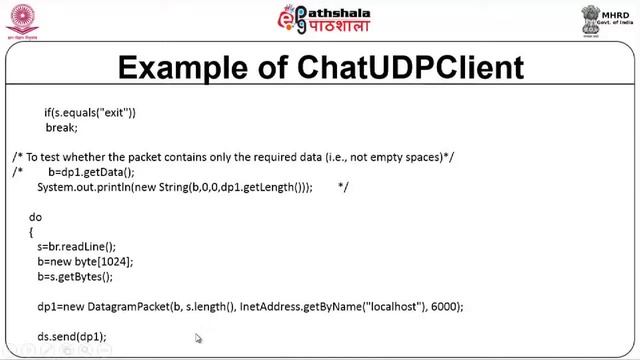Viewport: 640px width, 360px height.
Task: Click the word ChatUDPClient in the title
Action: pyautogui.click(x=409, y=68)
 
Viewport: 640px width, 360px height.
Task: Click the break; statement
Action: pyautogui.click(x=61, y=128)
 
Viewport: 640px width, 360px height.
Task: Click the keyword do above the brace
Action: pyautogui.click(x=35, y=216)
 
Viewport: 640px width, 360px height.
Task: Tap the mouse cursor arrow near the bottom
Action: pyautogui.click(x=198, y=339)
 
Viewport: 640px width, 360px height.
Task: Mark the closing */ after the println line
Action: pyautogui.click(x=343, y=187)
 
